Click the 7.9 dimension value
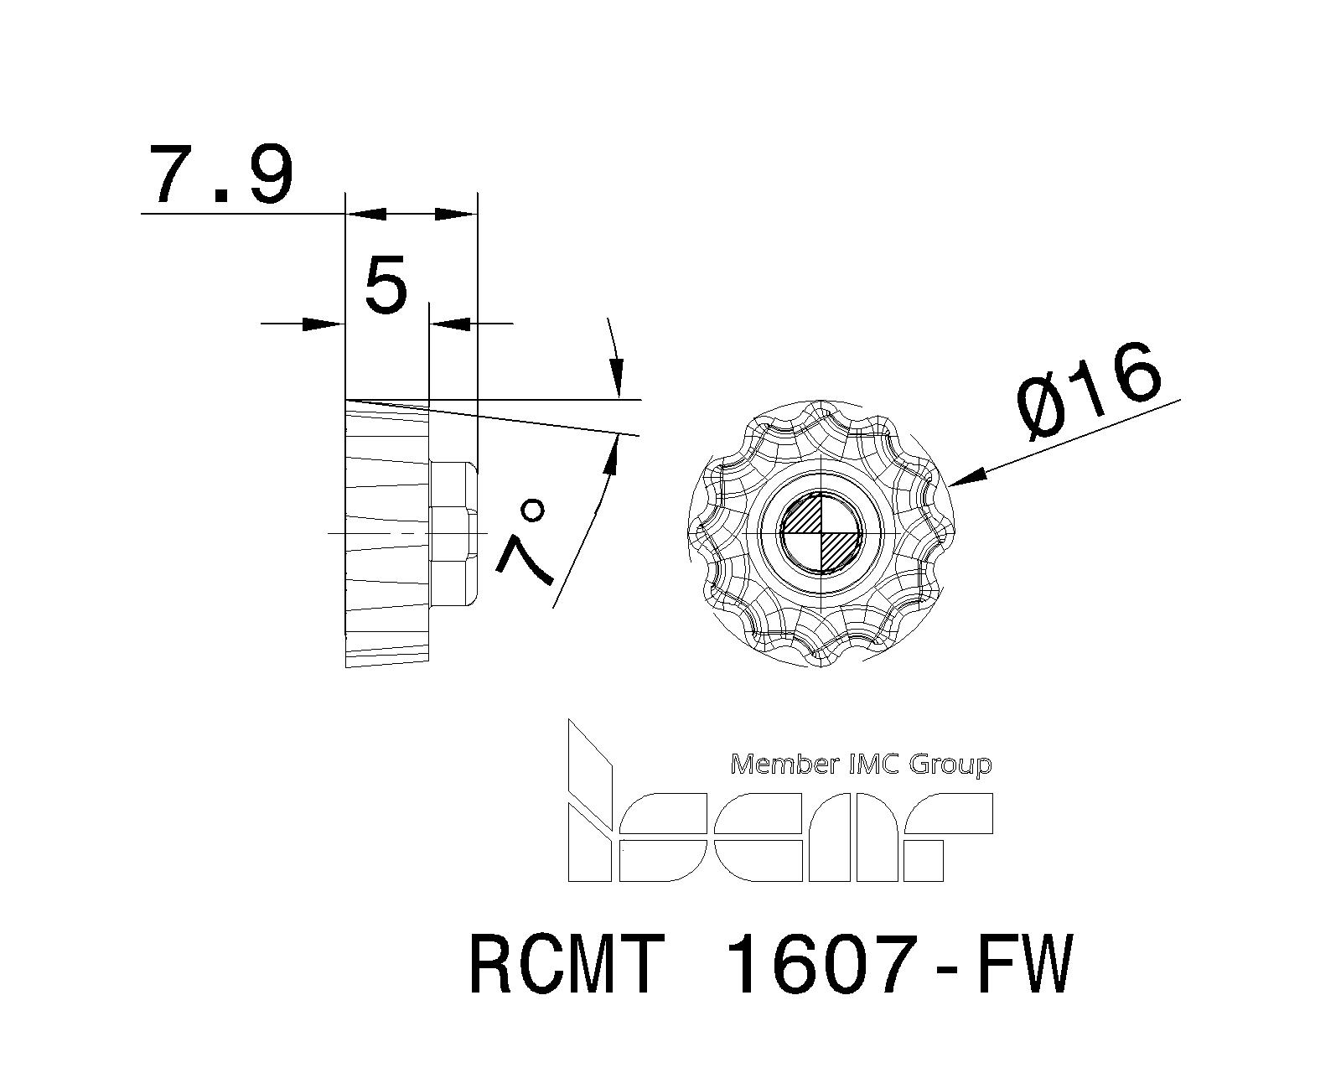(x=220, y=176)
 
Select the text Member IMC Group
(x=861, y=764)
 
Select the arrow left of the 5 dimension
(x=323, y=323)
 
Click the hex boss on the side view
(x=455, y=532)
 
